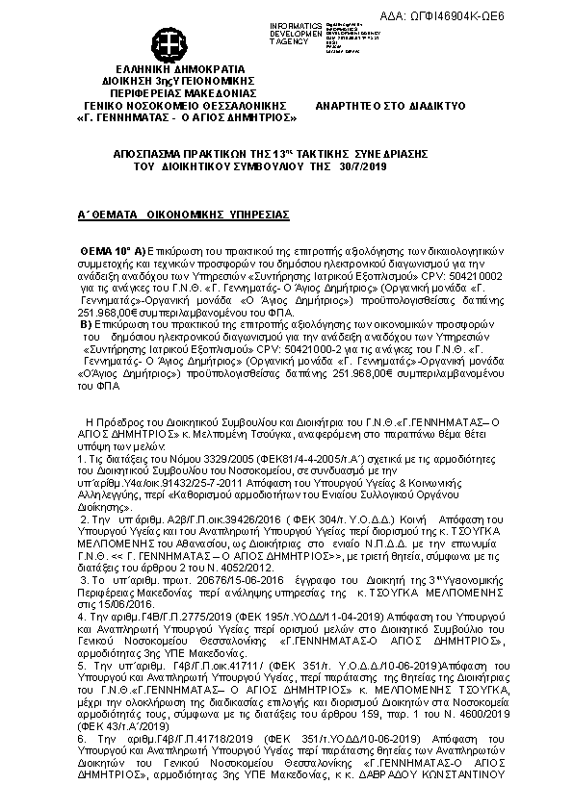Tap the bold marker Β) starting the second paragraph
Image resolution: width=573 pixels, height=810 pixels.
(86, 324)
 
